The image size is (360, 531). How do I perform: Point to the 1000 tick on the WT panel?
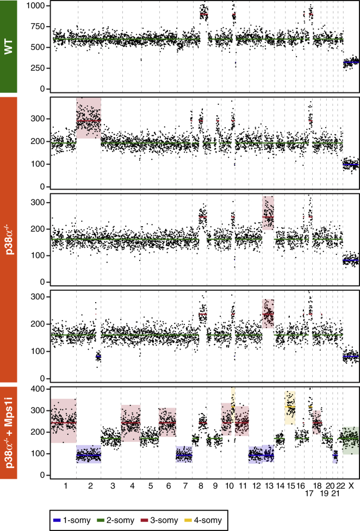36,5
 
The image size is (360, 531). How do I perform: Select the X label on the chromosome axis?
351,485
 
